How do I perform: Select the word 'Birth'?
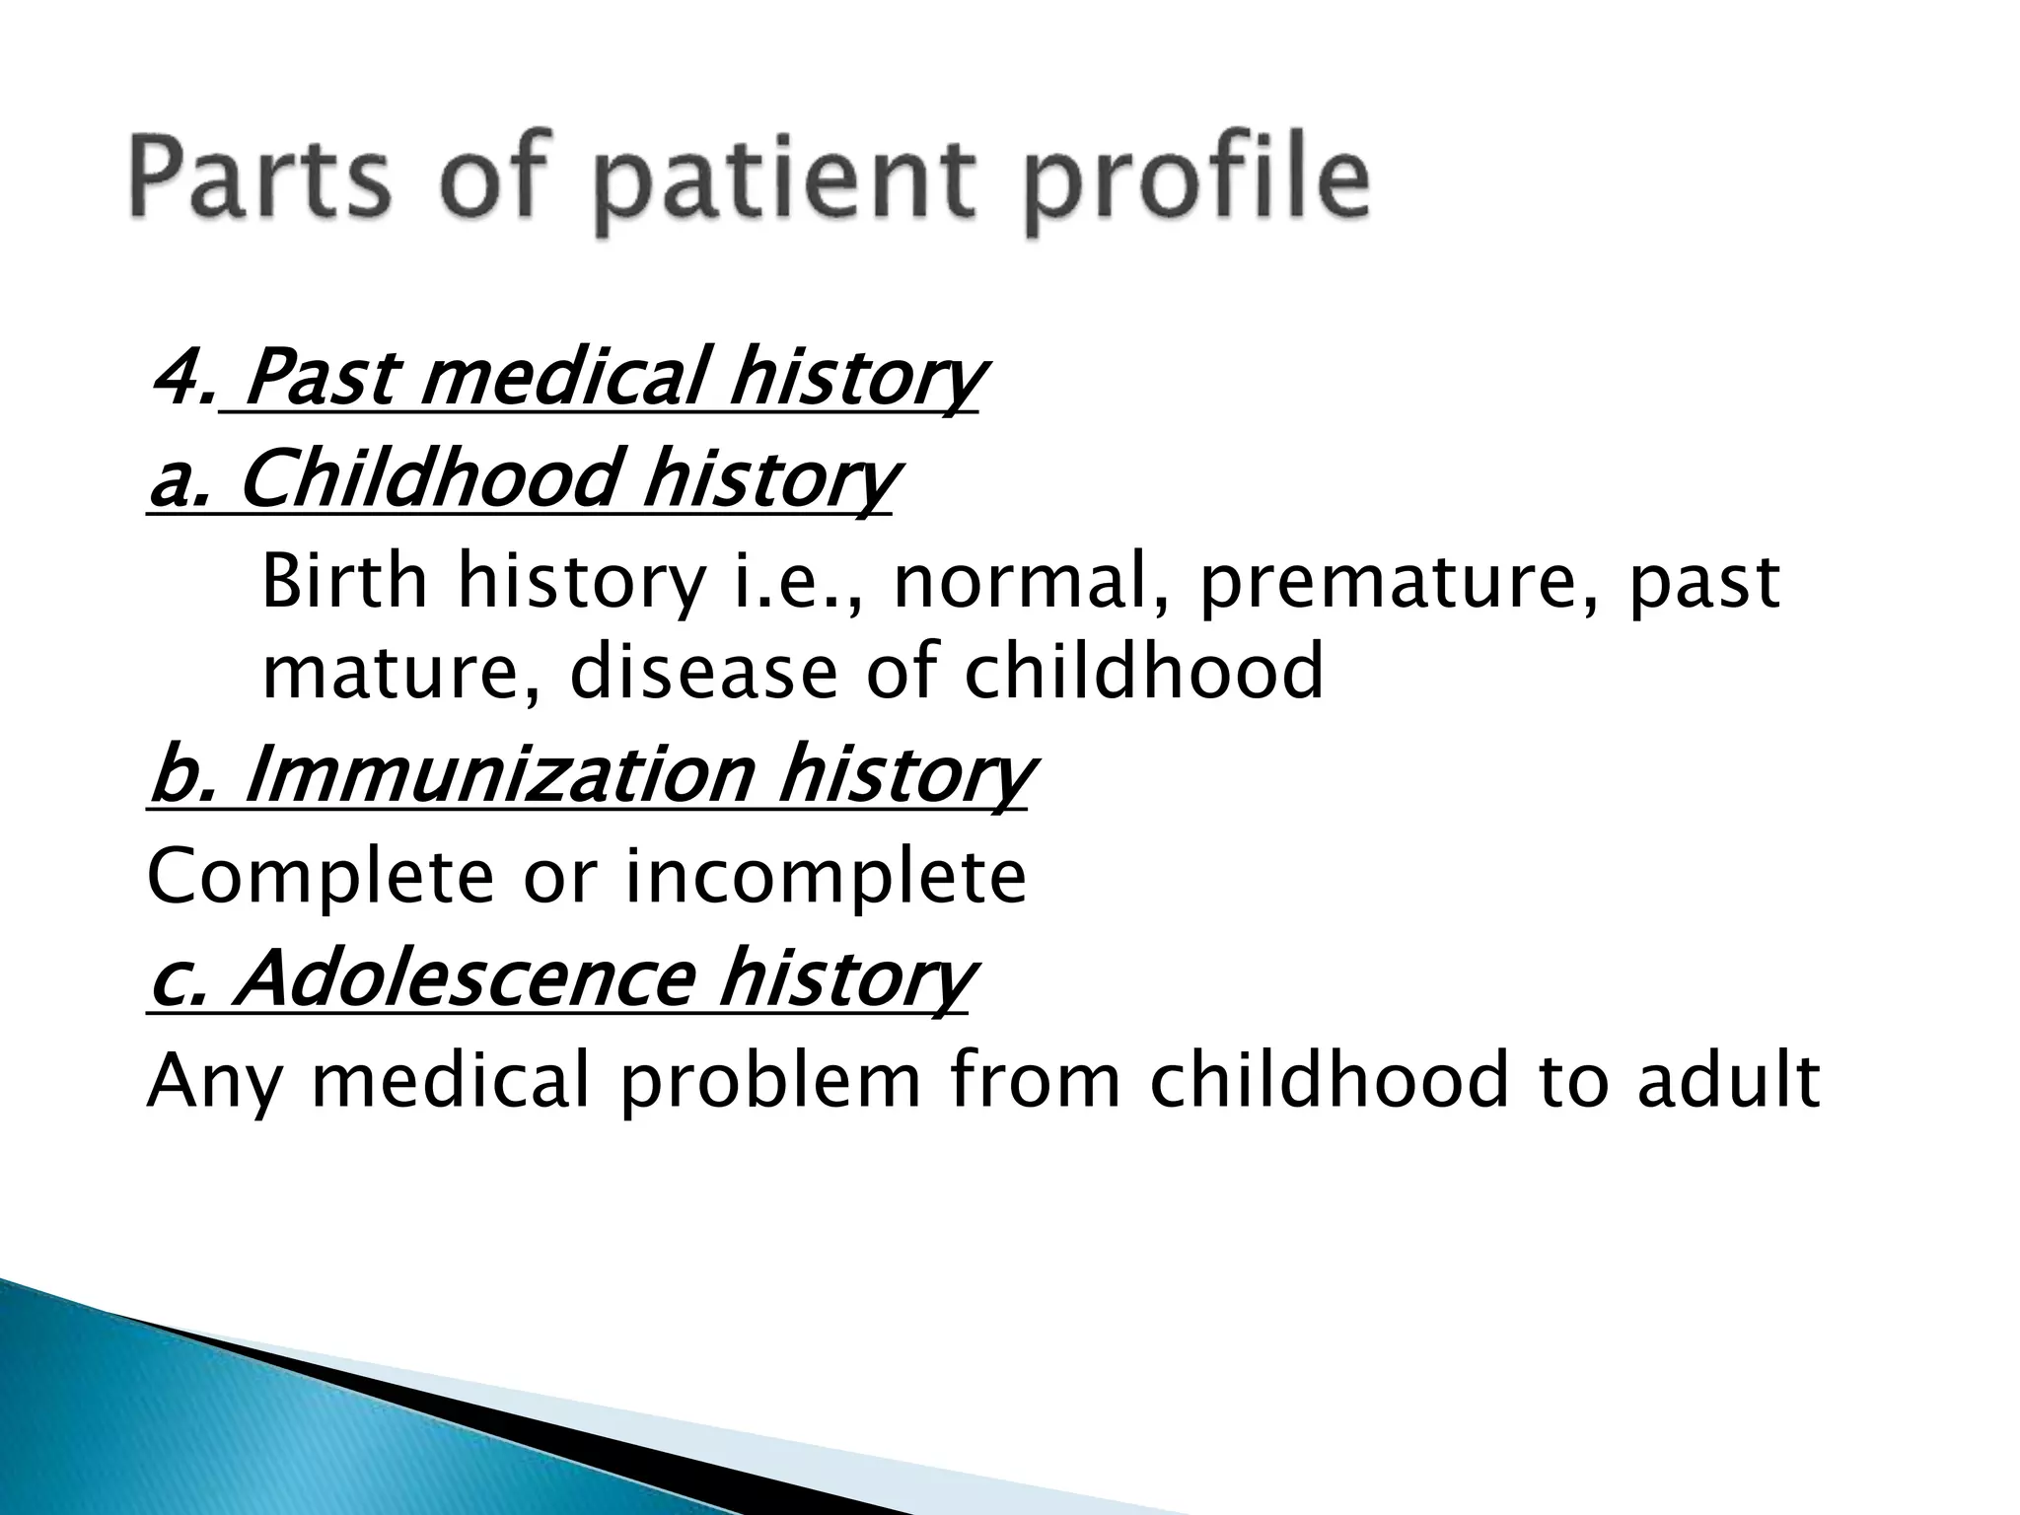[x=344, y=582]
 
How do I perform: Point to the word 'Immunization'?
[x=498, y=775]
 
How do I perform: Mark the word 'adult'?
[x=1727, y=1079]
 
